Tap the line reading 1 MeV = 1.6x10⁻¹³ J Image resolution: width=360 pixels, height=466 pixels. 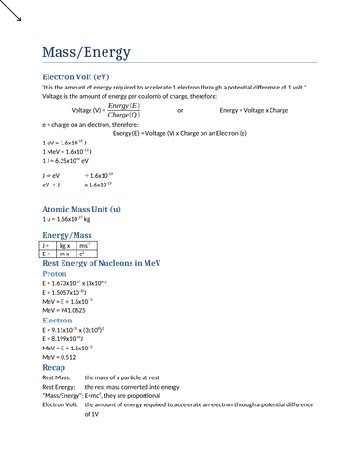pyautogui.click(x=66, y=151)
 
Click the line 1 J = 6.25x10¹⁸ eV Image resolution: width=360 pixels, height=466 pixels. pyautogui.click(x=65, y=160)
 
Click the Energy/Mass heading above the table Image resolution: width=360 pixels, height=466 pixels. pyautogui.click(x=67, y=236)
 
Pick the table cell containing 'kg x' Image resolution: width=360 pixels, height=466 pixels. pyautogui.click(x=65, y=245)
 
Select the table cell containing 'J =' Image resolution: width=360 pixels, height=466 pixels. pyautogui.click(x=48, y=245)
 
